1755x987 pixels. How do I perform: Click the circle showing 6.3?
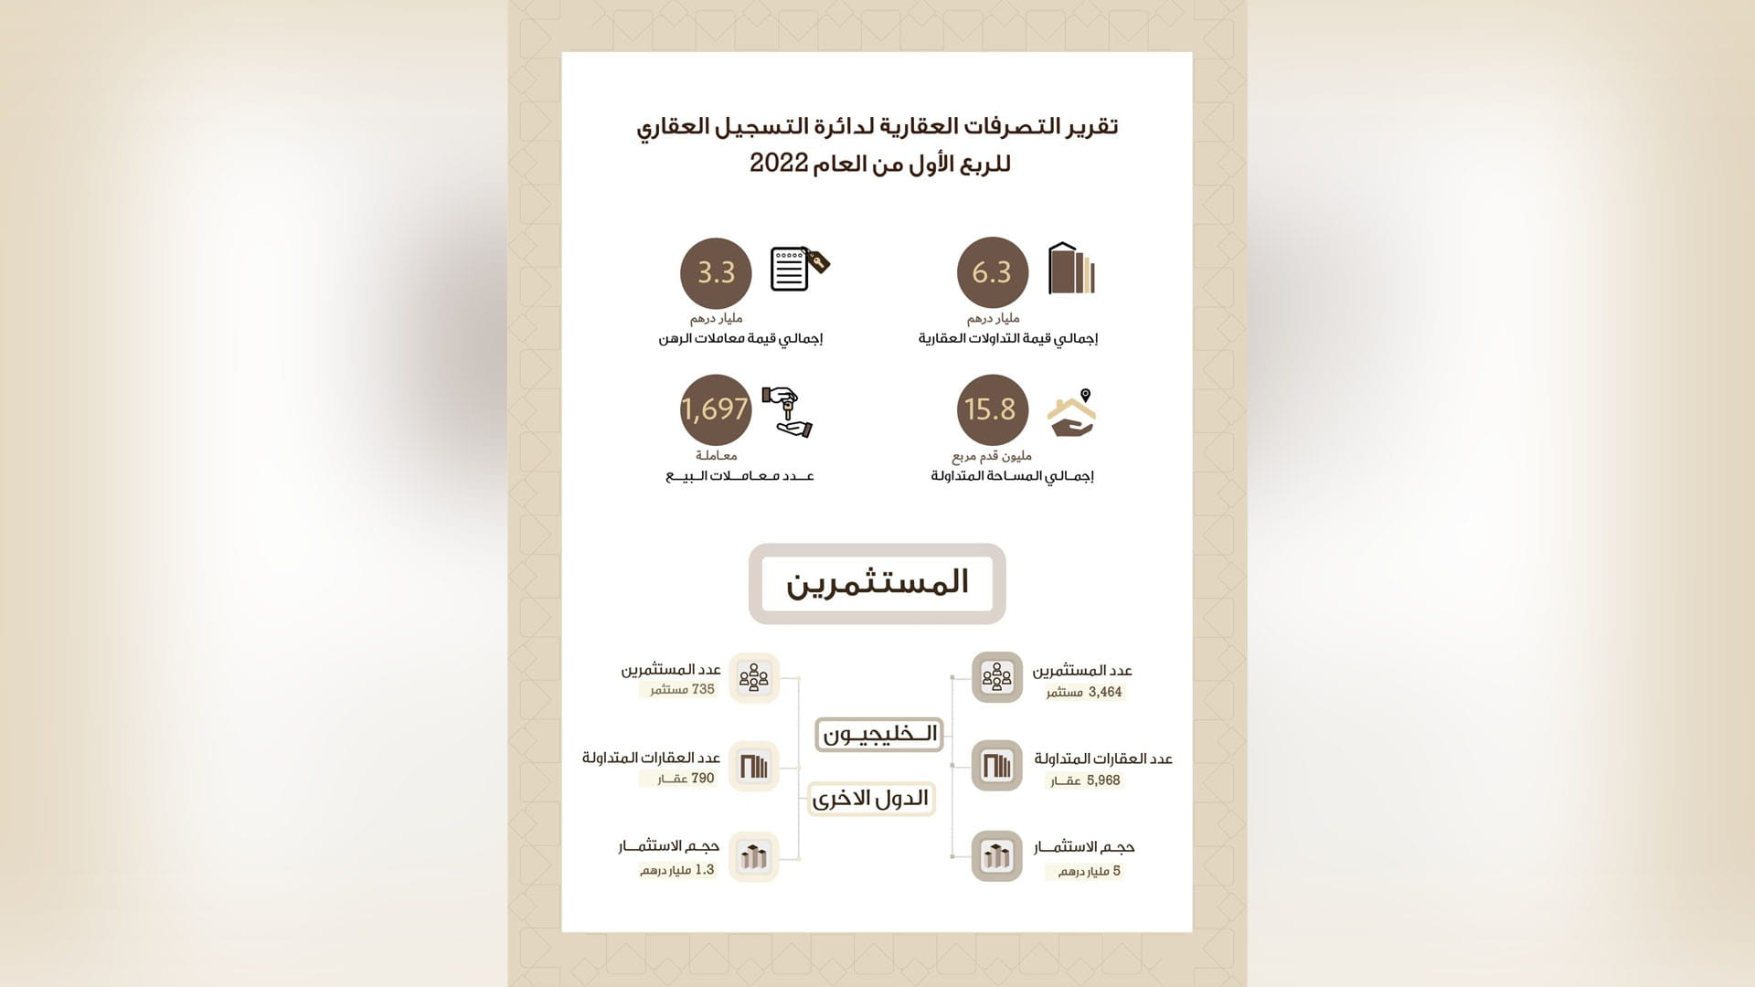[x=992, y=272]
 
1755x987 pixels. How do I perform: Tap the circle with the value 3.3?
[x=716, y=272]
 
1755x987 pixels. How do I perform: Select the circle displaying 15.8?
[x=992, y=409]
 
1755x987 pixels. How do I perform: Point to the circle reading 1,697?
[x=716, y=409]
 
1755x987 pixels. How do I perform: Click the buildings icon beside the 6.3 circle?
[x=1071, y=269]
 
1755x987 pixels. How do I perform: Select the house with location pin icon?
[x=1072, y=412]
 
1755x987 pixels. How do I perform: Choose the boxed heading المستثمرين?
[x=877, y=583]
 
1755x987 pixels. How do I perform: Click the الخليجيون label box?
[x=878, y=734]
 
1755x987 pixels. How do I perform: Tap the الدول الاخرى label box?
[x=871, y=799]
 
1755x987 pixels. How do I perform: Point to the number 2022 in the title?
[x=779, y=164]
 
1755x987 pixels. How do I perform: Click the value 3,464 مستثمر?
[x=1085, y=693]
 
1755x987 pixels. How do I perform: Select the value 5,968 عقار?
[x=1085, y=780]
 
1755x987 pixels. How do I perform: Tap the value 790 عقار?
[x=686, y=779]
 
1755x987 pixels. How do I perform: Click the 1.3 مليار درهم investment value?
[x=677, y=870]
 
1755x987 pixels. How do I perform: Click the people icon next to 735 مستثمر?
[x=753, y=677]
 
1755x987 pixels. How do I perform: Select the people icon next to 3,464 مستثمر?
[x=996, y=677]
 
